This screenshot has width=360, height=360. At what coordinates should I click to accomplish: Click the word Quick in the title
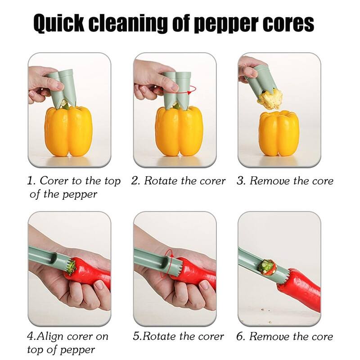pos(59,23)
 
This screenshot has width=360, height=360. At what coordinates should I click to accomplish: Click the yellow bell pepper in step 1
pos(69,131)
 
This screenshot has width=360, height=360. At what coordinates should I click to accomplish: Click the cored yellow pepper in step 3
pos(279,133)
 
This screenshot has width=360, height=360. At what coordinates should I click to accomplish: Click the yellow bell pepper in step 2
pos(179,131)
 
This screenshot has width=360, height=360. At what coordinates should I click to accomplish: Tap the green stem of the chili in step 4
pos(72,266)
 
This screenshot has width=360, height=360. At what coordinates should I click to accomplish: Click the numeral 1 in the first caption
pos(30,181)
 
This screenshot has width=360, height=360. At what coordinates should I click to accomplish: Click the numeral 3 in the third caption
pos(240,181)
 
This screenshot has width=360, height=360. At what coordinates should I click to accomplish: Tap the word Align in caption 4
pos(50,337)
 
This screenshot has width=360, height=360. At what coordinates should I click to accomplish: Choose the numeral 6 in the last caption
pos(240,337)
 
